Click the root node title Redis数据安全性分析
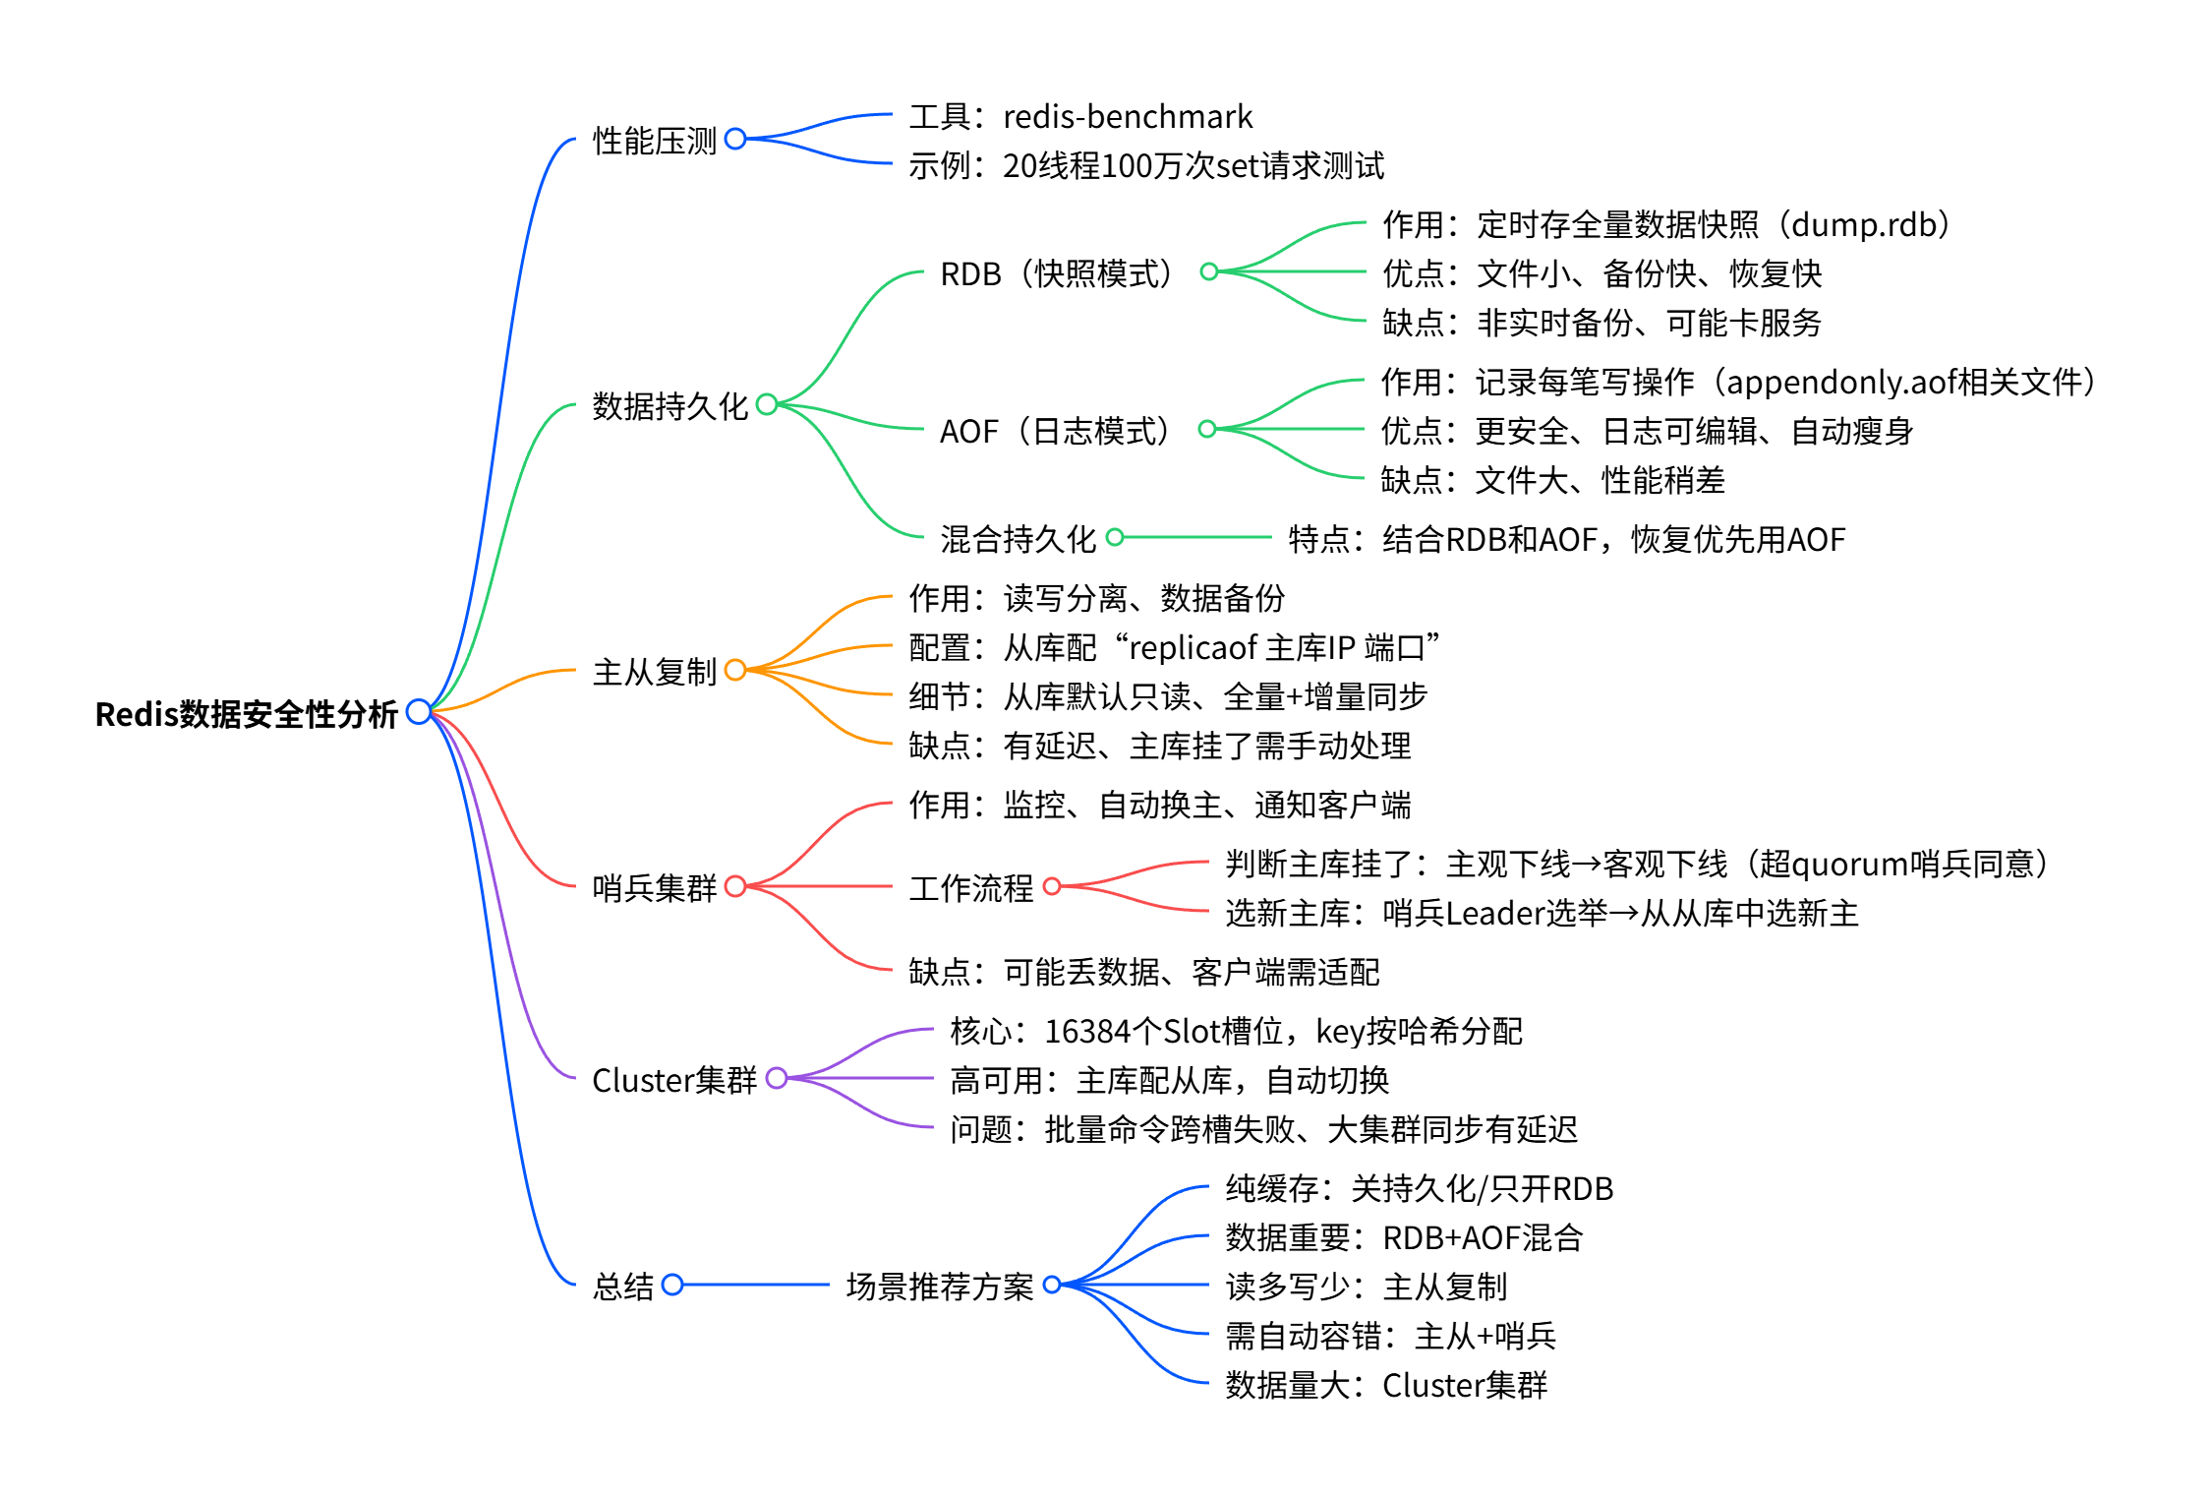246,714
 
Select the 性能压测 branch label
654,141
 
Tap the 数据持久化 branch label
669,406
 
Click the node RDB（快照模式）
1056,273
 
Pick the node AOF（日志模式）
1054,431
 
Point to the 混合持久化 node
1017,539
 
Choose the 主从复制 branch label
654,672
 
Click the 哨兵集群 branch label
654,888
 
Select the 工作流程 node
970,888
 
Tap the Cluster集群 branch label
673,1080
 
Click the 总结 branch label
622,1287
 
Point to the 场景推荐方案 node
939,1287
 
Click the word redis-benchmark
1127,117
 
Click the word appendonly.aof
1834,382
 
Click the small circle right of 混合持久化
1115,537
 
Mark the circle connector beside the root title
419,711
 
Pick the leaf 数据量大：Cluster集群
1385,1385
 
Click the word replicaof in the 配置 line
1193,648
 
